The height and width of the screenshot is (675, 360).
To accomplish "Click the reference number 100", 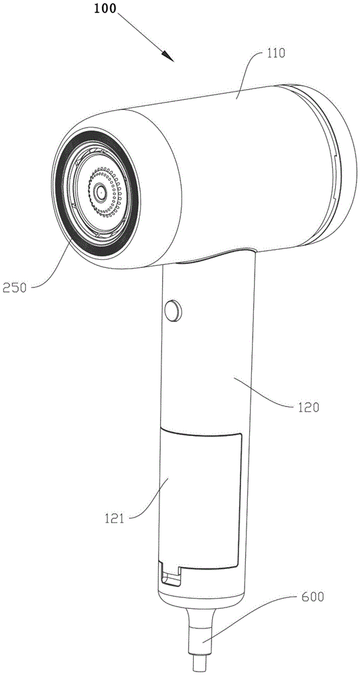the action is [105, 8].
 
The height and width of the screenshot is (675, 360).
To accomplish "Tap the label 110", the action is [276, 54].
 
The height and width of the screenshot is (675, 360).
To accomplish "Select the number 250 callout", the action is [14, 288].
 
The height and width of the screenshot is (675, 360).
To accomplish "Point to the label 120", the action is [307, 407].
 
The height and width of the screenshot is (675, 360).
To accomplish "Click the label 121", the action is [113, 518].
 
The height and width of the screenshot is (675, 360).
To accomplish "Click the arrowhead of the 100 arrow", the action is [169, 57].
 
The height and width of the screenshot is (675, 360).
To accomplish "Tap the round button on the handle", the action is [173, 310].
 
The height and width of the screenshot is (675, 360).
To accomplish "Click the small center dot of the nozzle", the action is [100, 191].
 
